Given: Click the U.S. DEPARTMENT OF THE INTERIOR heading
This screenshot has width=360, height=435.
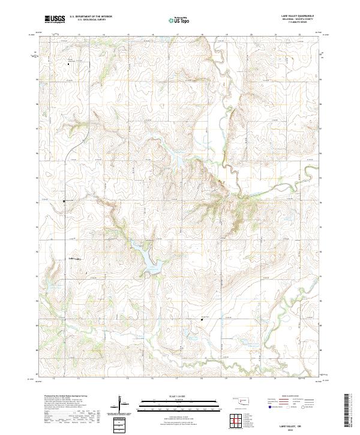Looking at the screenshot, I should (91, 16).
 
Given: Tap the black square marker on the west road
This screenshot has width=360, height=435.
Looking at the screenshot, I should (65, 201).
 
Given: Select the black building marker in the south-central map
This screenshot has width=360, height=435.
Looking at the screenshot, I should (202, 319).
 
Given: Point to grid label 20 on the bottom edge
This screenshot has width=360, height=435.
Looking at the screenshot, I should (251, 379).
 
